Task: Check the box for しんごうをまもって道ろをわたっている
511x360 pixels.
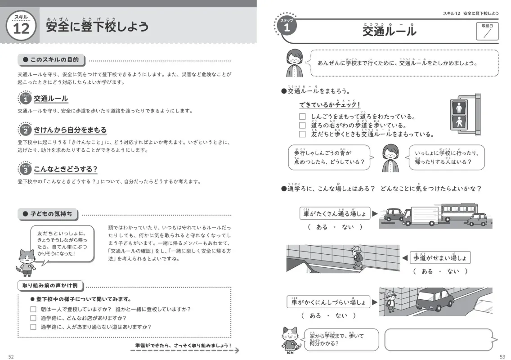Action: click(302, 117)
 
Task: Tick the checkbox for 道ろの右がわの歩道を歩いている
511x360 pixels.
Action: click(302, 126)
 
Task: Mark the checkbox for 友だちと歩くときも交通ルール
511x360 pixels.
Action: click(302, 134)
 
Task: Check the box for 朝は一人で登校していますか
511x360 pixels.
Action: click(33, 309)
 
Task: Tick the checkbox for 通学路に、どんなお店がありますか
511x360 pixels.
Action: click(33, 318)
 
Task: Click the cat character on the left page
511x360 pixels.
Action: click(26, 261)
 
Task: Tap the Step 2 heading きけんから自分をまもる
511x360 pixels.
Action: click(70, 130)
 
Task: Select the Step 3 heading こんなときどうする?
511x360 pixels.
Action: click(66, 169)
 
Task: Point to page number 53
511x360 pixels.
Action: click(502, 356)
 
